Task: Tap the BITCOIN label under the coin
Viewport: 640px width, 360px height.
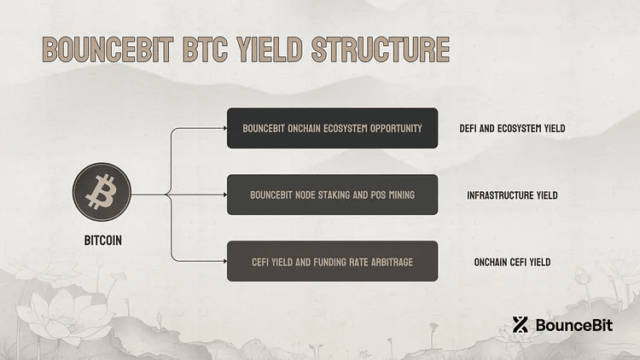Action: pos(102,241)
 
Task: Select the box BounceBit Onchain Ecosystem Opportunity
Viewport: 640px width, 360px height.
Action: pos(332,128)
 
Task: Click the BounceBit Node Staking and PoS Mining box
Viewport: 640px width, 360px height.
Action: pos(332,195)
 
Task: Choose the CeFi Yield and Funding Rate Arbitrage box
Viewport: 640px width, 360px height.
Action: pos(332,261)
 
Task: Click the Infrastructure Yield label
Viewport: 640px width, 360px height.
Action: pos(512,195)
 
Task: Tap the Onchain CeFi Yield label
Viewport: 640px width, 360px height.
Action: pos(512,262)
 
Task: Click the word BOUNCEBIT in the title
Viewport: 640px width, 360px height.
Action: pos(97,48)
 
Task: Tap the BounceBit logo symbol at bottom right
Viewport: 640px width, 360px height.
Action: pos(521,324)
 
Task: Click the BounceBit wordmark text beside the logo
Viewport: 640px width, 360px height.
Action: pos(570,325)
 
